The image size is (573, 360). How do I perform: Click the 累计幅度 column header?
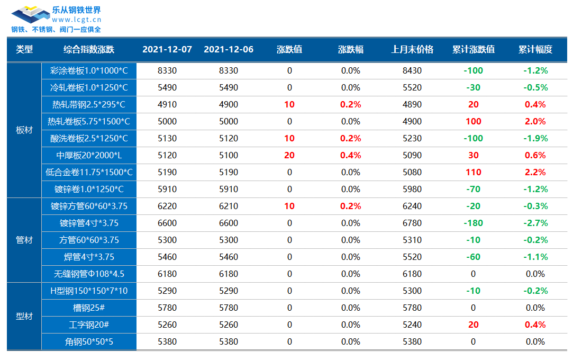[535, 50]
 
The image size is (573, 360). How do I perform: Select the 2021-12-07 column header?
[167, 50]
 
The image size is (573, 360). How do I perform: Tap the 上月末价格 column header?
[412, 50]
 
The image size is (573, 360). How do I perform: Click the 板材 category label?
[24, 130]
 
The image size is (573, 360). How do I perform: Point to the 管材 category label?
[24, 240]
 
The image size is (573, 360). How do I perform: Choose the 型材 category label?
[24, 317]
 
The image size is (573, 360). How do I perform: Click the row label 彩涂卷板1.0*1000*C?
[89, 71]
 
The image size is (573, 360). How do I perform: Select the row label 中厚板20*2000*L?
[89, 156]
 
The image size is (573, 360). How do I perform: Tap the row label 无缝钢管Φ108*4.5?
[89, 274]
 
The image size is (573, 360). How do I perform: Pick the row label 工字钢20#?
[89, 325]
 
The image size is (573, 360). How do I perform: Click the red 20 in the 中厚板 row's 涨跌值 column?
[289, 156]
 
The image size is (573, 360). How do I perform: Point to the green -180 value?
[473, 223]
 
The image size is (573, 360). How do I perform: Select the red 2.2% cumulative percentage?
[535, 173]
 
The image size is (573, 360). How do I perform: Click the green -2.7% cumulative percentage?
[535, 223]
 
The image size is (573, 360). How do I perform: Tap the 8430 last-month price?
[412, 71]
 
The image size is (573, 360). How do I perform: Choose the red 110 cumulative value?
[473, 173]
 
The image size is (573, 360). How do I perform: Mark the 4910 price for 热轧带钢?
[167, 105]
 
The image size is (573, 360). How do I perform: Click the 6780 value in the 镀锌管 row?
[412, 223]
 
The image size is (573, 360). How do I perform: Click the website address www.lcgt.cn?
[76, 20]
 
